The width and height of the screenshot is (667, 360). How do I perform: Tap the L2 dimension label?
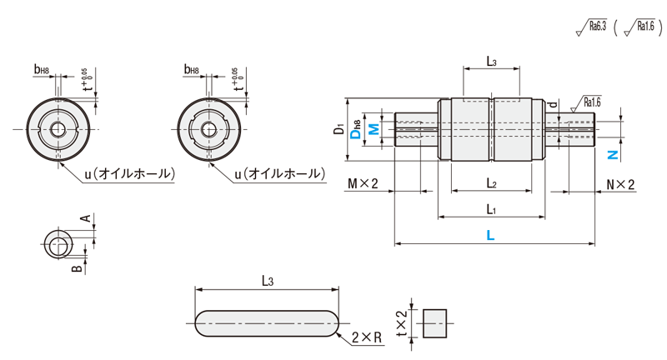click(x=491, y=182)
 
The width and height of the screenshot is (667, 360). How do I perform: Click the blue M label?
click(x=374, y=129)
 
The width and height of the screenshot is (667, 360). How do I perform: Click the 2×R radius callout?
click(x=366, y=337)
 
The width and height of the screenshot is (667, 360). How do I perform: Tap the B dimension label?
click(x=76, y=268)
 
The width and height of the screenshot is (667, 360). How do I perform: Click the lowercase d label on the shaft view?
click(x=554, y=105)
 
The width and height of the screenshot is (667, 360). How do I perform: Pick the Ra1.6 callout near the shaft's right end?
click(x=591, y=102)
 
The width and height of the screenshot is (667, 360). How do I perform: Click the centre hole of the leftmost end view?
click(x=57, y=130)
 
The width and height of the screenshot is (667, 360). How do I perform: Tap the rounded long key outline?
click(x=267, y=322)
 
